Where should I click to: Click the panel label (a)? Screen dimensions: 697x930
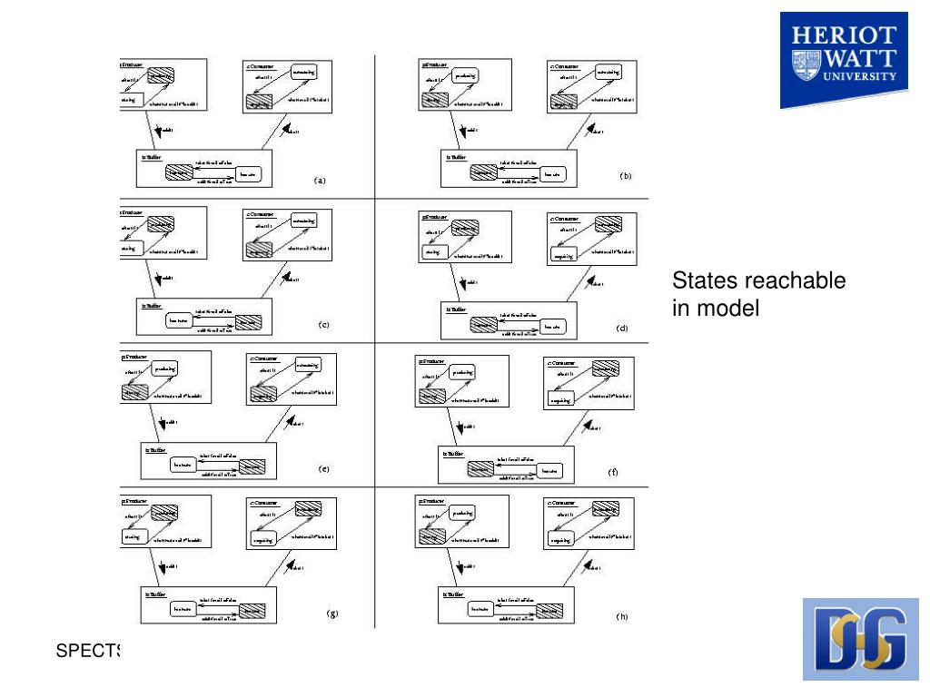320,180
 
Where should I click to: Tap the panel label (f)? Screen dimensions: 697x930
613,472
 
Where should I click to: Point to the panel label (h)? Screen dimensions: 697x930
621,616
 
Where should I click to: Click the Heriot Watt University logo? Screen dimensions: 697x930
843,61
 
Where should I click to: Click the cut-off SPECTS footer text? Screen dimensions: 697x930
88,651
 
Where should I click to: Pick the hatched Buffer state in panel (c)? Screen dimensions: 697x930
247,321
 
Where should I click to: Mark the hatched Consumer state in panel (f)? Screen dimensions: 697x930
605,368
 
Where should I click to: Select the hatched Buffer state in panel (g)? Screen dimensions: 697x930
252,610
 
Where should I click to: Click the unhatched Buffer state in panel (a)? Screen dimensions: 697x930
247,173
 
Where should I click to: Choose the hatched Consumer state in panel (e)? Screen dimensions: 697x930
262,396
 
